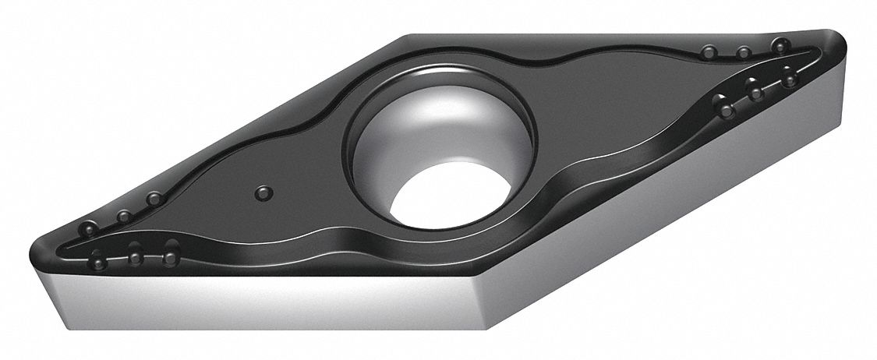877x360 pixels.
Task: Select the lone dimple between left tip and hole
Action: point(263,191)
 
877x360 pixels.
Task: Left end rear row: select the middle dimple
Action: point(123,215)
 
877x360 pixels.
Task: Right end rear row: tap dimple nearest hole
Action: point(708,52)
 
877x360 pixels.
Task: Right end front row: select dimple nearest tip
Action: point(790,79)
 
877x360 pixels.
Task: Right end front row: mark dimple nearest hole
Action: point(726,111)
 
